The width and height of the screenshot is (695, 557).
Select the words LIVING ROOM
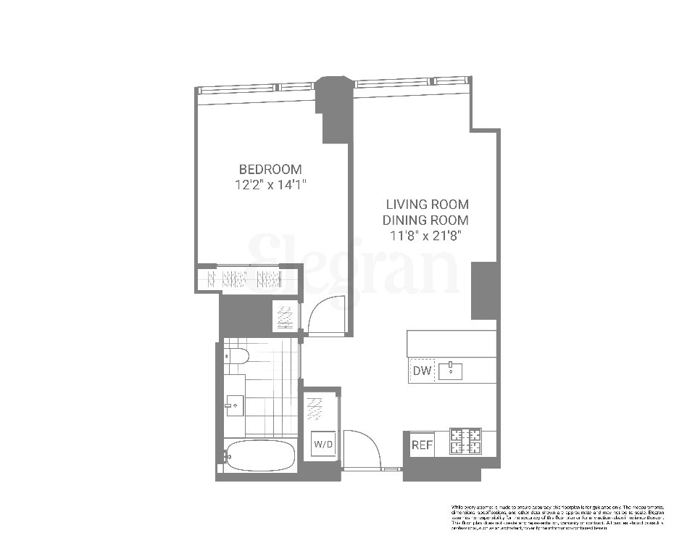tap(427, 205)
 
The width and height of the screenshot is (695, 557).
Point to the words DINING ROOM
tap(427, 220)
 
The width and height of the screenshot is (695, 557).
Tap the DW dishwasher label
tap(422, 371)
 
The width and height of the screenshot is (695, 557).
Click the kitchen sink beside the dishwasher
tap(451, 371)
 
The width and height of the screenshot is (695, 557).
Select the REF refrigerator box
tap(421, 445)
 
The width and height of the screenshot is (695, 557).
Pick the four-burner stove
tap(466, 441)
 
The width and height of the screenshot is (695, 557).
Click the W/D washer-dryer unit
tap(322, 443)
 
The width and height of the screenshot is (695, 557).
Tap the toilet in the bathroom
tap(236, 356)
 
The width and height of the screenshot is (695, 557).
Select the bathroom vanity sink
tap(233, 402)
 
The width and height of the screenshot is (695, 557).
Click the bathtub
tap(259, 456)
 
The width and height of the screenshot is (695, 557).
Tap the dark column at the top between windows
tap(334, 105)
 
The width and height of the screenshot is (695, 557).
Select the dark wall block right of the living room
tap(483, 290)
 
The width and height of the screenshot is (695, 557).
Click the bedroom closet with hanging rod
tap(249, 279)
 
